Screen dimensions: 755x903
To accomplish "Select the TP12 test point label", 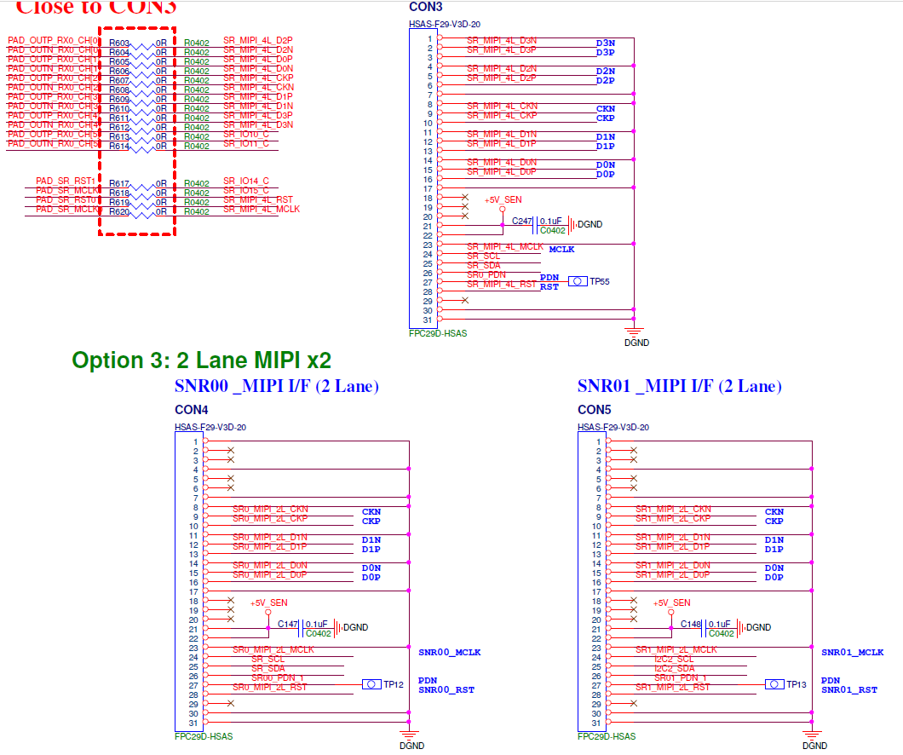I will (x=393, y=684).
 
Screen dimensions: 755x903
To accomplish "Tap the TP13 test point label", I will (x=796, y=684).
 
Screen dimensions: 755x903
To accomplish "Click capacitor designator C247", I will (x=522, y=222).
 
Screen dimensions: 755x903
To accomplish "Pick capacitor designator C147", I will (x=288, y=625).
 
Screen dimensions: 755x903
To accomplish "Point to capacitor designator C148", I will (x=691, y=625).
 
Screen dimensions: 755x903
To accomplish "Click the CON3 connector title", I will (x=426, y=6).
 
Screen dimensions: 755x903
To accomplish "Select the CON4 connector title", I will (x=192, y=410).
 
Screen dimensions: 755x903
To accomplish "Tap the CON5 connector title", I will (x=595, y=410).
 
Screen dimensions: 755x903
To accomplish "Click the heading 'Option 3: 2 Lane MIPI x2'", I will (x=202, y=360).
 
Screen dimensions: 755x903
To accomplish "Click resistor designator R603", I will (x=119, y=43).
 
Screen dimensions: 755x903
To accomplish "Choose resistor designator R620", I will (x=119, y=211).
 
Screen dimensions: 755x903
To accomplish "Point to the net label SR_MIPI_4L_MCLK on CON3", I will (x=505, y=246).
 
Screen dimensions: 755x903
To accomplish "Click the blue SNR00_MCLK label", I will (x=450, y=653).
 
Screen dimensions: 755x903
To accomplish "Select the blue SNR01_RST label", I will (x=849, y=690).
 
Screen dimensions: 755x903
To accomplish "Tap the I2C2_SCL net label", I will (x=674, y=659).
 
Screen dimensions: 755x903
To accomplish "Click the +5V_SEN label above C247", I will (x=503, y=199).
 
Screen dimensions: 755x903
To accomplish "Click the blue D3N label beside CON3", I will (x=605, y=43).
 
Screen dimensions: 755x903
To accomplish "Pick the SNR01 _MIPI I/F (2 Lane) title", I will (x=679, y=387).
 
